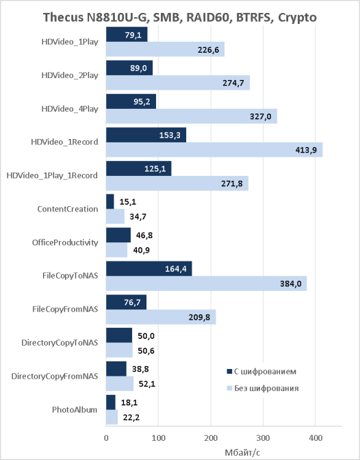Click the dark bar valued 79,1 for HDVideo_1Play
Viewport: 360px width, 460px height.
tap(127, 35)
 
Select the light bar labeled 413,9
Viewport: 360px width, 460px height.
tap(214, 150)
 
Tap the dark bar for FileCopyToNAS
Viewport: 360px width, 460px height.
tap(149, 269)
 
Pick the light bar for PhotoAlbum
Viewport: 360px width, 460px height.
tap(112, 417)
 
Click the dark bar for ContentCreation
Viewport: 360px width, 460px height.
tap(110, 201)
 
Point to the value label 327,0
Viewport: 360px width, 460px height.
tap(261, 116)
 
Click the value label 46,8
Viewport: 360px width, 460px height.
tap(144, 235)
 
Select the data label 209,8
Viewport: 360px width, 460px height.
tap(199, 317)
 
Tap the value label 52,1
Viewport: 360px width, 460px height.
tap(147, 384)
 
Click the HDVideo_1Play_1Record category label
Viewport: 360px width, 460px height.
tap(52, 176)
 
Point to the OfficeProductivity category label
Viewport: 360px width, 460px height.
tap(65, 242)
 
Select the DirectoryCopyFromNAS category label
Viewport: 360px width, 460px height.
tap(55, 376)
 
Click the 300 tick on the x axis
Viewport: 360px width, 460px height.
tap(263, 438)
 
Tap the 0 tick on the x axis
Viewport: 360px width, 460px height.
tap(106, 438)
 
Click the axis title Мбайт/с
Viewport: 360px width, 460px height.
tap(242, 452)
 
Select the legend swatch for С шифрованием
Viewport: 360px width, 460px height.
tap(229, 372)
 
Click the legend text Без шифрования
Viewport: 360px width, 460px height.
tap(266, 388)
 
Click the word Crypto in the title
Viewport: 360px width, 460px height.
tap(297, 18)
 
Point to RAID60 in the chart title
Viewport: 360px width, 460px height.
tap(207, 17)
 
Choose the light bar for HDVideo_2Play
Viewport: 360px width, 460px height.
tap(178, 83)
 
